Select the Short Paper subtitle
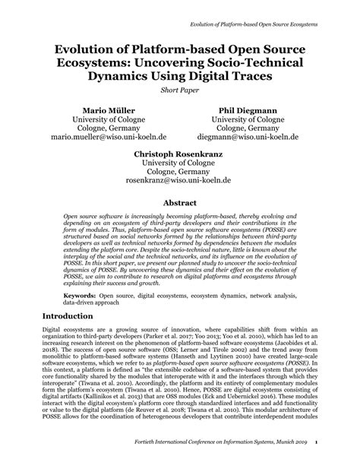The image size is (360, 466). pyautogui.click(x=179, y=91)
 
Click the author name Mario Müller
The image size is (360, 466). pyautogui.click(x=97, y=109)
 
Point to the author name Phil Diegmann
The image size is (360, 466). pyautogui.click(x=248, y=109)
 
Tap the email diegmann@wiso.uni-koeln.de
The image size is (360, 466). pyautogui.click(x=248, y=138)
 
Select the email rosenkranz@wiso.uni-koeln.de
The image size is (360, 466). pyautogui.click(x=179, y=182)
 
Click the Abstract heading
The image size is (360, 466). pyautogui.click(x=179, y=204)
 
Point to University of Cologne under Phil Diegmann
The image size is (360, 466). pyautogui.click(x=248, y=119)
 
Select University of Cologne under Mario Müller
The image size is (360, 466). pyautogui.click(x=97, y=119)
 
